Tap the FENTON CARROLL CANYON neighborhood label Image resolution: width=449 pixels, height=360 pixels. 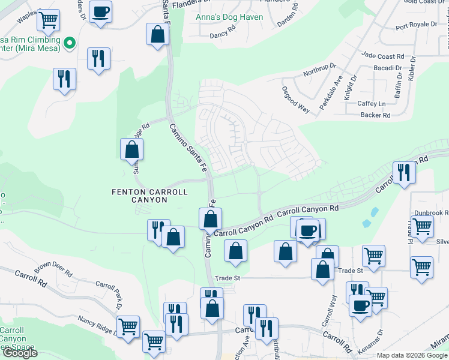pyautogui.click(x=149, y=196)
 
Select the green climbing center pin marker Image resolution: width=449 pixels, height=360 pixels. pyautogui.click(x=70, y=43)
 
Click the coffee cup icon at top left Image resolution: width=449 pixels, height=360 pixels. pyautogui.click(x=100, y=11)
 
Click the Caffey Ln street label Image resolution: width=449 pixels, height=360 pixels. pyautogui.click(x=372, y=103)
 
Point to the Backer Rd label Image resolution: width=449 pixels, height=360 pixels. pyautogui.click(x=373, y=114)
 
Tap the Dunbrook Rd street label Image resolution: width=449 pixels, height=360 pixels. pyautogui.click(x=432, y=213)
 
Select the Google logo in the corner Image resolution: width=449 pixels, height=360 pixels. pyautogui.click(x=20, y=353)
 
